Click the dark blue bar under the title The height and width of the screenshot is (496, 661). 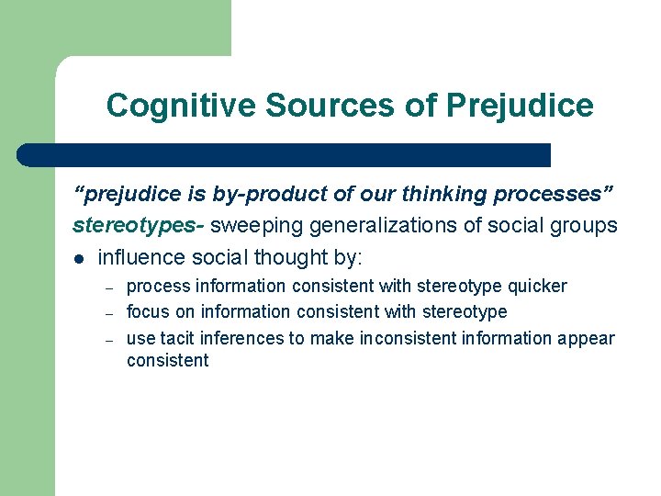(285, 155)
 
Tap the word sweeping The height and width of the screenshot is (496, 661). (252, 225)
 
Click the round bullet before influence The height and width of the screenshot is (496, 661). (80, 258)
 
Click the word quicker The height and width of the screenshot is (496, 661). (537, 287)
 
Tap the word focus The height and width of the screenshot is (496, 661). (148, 312)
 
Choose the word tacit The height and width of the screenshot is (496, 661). (181, 338)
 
